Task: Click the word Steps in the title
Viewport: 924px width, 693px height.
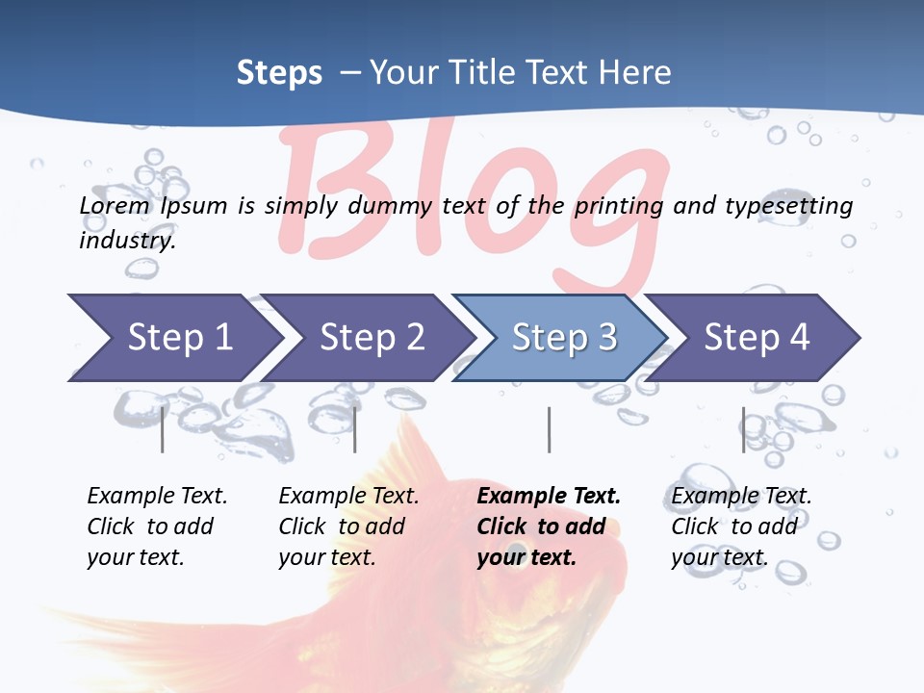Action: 279,72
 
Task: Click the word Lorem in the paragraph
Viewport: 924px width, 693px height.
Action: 115,205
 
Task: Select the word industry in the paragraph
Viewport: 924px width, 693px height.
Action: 126,241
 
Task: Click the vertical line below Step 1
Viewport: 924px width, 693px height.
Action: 163,429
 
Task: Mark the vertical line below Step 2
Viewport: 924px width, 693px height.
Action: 355,429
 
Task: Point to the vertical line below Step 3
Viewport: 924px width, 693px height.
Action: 549,429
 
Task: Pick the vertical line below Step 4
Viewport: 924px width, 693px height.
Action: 743,429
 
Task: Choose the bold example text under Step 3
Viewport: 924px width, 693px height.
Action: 548,526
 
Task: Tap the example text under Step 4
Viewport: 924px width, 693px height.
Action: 740,526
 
